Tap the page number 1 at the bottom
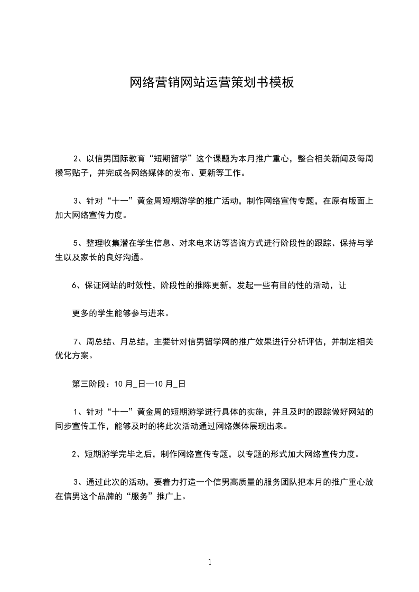coord(210,562)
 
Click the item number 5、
coord(78,243)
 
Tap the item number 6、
coord(77,285)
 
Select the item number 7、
coord(78,341)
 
